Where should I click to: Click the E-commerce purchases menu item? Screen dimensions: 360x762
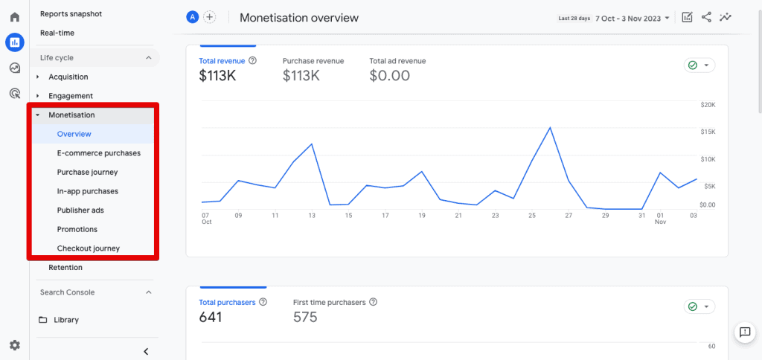[x=98, y=153]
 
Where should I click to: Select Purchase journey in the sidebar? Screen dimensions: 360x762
[x=87, y=173]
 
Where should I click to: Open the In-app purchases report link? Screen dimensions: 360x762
[x=87, y=191]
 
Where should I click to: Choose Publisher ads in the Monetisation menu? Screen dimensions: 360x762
[x=80, y=210]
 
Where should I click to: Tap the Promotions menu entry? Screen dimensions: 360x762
[x=77, y=229]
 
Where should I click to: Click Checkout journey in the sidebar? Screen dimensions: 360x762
[x=88, y=248]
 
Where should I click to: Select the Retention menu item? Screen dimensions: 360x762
[x=65, y=268]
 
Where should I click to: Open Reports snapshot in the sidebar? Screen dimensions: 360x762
[x=71, y=14]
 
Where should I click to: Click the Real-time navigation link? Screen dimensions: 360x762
[x=57, y=33]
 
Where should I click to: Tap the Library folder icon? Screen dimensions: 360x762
[x=43, y=320]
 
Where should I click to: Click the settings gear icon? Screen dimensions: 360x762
[x=14, y=345]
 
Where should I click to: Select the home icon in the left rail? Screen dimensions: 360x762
[x=14, y=17]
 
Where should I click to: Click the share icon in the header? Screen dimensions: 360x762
[x=706, y=17]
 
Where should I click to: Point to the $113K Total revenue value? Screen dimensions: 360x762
[x=218, y=75]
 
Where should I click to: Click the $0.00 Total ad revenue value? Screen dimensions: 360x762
[x=389, y=75]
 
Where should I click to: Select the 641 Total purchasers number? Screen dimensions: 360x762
[x=211, y=317]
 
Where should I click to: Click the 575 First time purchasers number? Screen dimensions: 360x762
[x=305, y=317]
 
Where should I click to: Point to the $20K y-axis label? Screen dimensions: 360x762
[x=707, y=105]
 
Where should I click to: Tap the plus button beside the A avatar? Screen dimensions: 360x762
[x=210, y=17]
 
